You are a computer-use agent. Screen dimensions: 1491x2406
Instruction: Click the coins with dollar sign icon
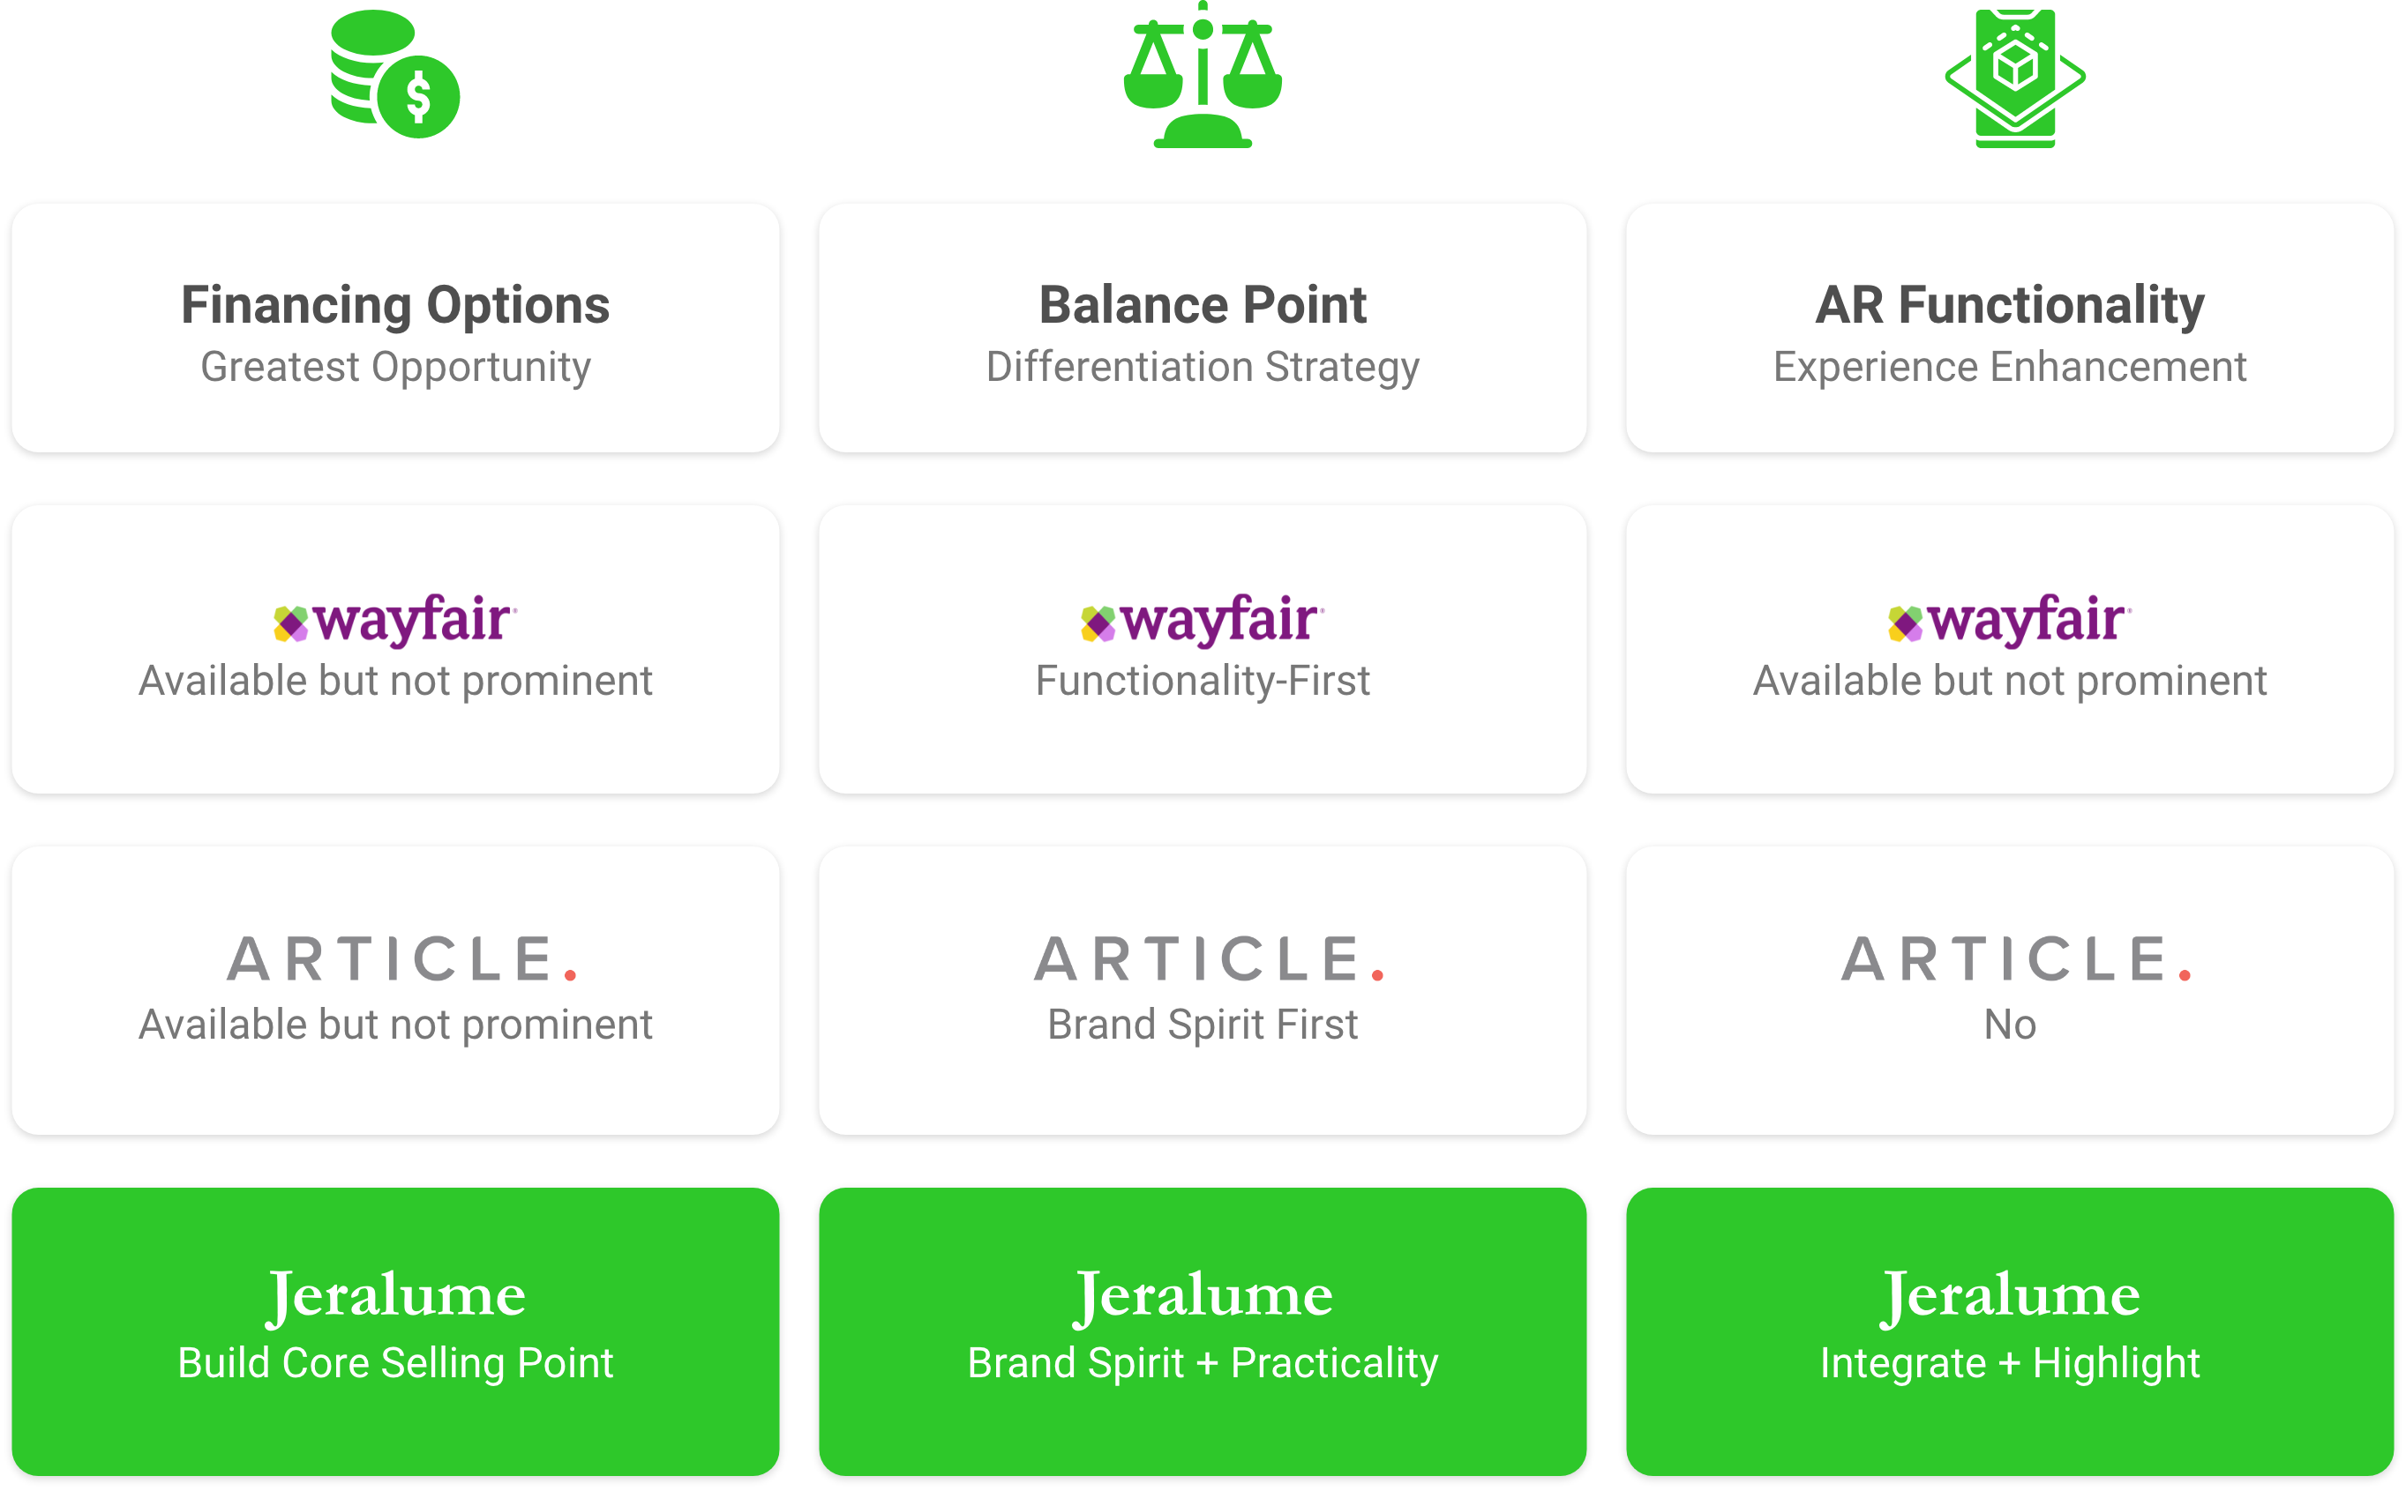tap(394, 75)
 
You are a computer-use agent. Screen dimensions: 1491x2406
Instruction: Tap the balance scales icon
tap(1202, 77)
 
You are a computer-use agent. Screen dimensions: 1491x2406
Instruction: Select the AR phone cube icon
tap(2014, 77)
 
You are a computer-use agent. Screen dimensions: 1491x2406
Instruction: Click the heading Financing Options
tap(394, 305)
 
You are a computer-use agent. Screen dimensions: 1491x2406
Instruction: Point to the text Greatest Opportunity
tap(394, 367)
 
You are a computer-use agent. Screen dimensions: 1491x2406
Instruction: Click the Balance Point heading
tap(1202, 305)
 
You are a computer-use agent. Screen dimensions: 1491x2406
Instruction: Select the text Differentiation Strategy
tap(1202, 367)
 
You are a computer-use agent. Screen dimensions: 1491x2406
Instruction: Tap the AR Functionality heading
tap(2010, 305)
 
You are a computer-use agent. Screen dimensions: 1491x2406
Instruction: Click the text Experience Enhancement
tap(2010, 367)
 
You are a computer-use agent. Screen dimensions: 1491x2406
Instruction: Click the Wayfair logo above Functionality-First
tap(1202, 620)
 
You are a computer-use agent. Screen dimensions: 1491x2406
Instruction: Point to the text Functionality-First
tap(1202, 681)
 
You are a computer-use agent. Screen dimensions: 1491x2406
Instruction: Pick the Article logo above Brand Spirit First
tap(1208, 959)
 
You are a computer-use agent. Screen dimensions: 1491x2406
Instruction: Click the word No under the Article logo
tap(2010, 1025)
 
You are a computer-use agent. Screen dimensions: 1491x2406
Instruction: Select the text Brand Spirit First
tap(1202, 1025)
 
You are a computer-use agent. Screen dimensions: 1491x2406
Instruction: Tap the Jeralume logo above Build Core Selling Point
tap(394, 1294)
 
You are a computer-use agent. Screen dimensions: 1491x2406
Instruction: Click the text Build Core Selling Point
tap(394, 1363)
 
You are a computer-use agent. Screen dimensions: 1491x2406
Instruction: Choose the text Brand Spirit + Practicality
tap(1202, 1363)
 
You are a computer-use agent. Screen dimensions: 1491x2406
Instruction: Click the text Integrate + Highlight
tap(2010, 1363)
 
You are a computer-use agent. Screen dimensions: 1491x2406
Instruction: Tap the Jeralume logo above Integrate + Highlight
tap(2010, 1294)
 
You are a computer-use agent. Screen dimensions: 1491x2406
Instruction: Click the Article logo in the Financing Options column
tap(401, 959)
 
